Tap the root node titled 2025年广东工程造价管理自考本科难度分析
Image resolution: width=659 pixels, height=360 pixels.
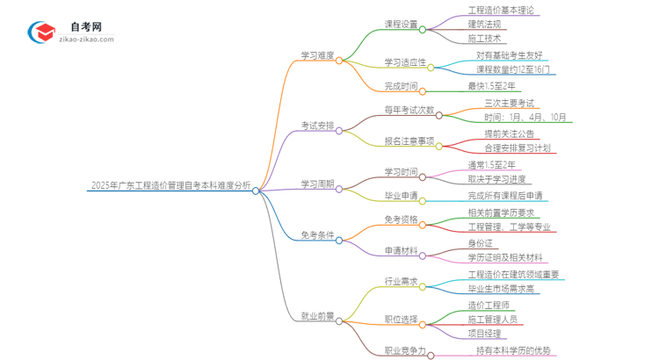170,186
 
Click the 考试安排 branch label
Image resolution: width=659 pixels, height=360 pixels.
317,126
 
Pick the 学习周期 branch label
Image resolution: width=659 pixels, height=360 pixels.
317,184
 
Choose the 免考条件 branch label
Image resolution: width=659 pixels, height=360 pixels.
317,234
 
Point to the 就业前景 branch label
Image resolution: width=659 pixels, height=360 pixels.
317,315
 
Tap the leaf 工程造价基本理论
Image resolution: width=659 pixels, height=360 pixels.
502,11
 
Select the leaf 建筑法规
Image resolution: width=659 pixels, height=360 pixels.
486,25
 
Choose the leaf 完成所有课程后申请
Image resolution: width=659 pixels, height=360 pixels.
505,195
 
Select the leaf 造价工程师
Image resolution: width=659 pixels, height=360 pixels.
490,305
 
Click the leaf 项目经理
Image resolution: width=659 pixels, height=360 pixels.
485,334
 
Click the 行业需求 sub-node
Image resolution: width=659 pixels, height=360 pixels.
402,281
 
